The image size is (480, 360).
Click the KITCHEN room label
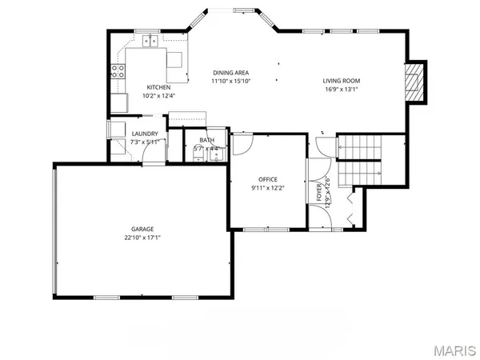tap(158, 87)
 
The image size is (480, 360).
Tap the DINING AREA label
tap(231, 72)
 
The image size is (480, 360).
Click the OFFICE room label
tap(267, 178)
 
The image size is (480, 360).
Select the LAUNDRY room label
tap(146, 134)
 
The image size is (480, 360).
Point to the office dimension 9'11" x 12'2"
tap(267, 187)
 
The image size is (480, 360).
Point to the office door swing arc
tap(242, 145)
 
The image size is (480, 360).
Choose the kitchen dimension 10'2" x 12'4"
tap(158, 96)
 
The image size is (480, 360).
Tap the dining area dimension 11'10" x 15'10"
tap(231, 81)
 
